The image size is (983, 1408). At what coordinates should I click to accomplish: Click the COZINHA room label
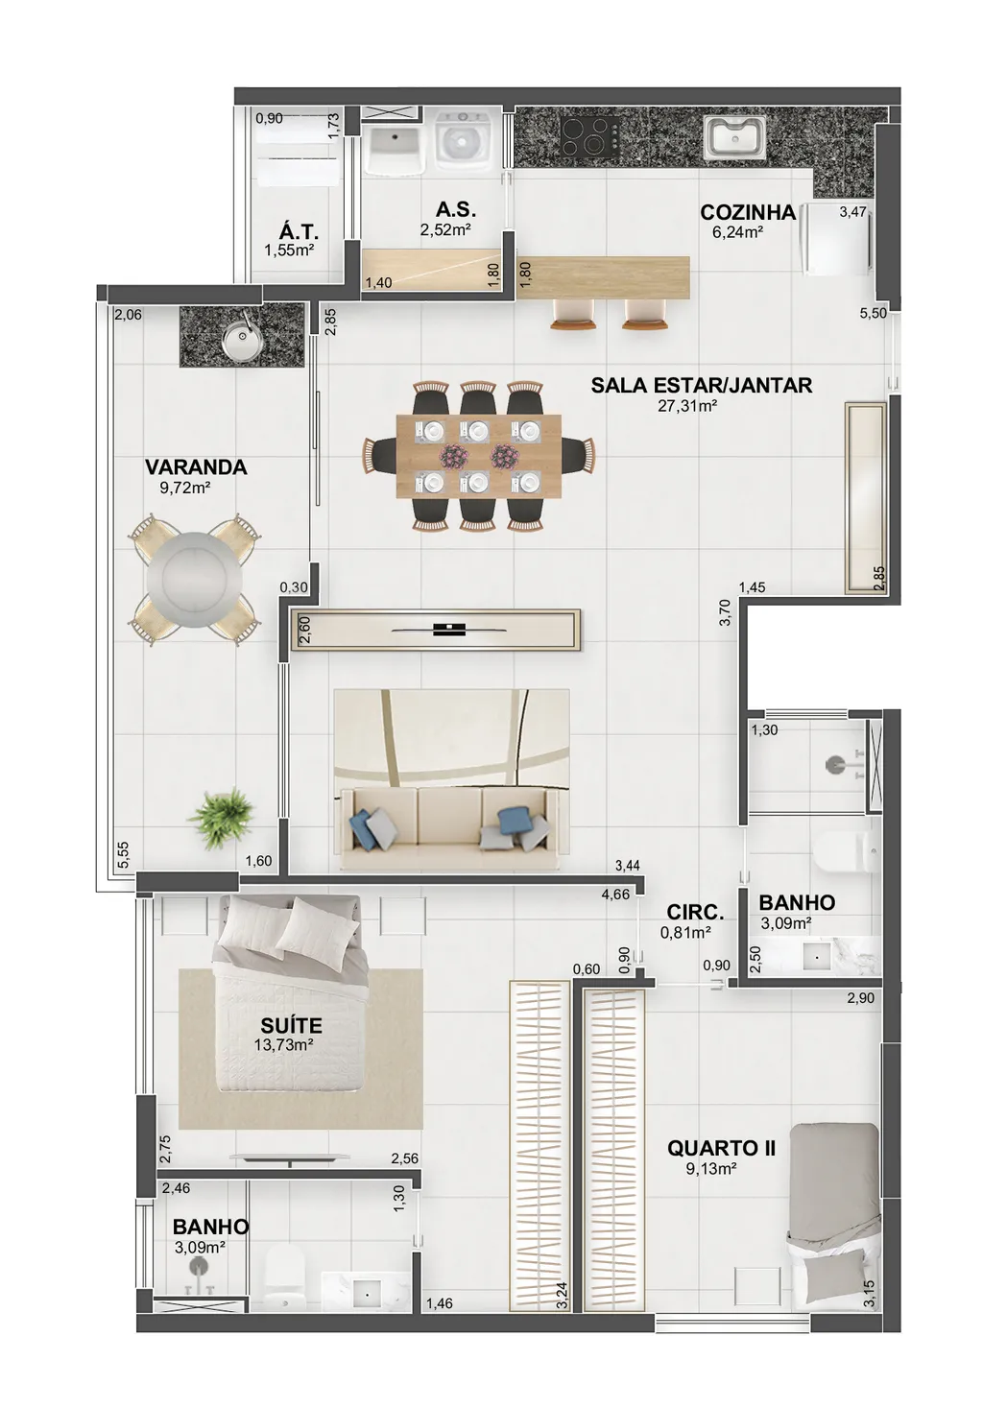tap(748, 212)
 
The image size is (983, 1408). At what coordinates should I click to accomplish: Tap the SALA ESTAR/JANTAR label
tap(702, 385)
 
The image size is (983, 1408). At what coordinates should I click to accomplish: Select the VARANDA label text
tap(196, 467)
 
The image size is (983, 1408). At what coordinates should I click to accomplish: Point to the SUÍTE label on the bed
tap(291, 1025)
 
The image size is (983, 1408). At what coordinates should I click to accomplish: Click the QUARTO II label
tap(721, 1149)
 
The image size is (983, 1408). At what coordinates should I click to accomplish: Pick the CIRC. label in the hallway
tap(695, 912)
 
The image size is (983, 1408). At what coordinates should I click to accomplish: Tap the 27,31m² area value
tap(687, 405)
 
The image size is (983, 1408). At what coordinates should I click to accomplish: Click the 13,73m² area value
tap(284, 1044)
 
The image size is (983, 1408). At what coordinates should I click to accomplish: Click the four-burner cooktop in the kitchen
tap(589, 137)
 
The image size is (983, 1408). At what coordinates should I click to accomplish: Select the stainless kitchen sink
tap(735, 137)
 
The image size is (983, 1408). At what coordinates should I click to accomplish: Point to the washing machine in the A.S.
tap(462, 141)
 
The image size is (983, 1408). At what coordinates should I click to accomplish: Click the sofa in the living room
tap(448, 821)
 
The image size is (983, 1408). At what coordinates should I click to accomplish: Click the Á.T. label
tap(300, 231)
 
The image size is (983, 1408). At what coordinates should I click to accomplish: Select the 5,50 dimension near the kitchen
tap(873, 312)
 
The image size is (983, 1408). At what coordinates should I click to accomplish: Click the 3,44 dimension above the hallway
tap(627, 866)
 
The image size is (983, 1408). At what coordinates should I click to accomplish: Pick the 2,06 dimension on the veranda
tap(129, 314)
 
